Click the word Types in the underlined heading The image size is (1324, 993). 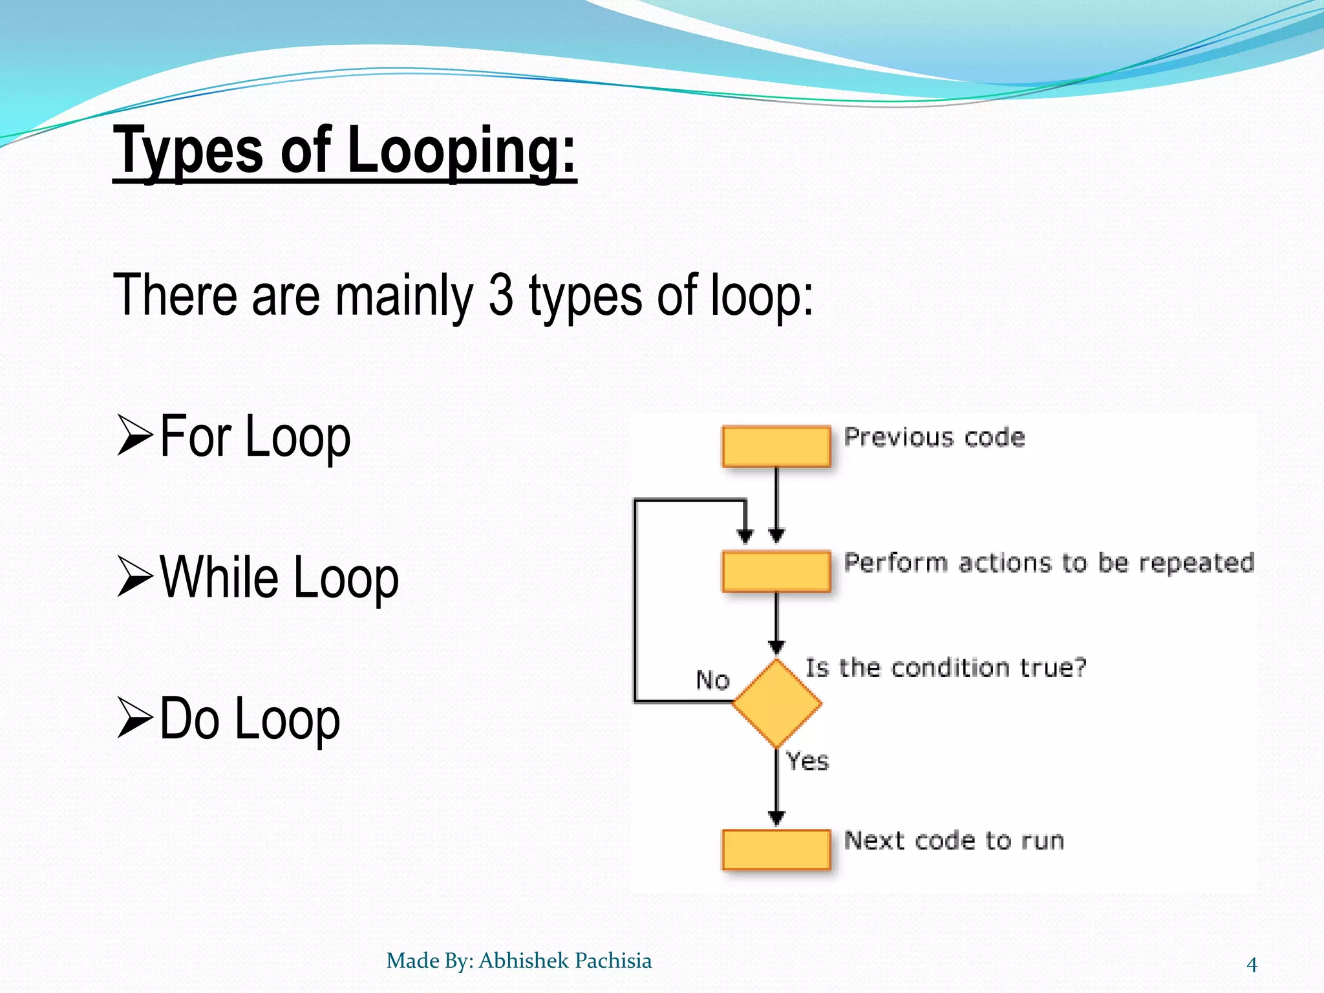[x=188, y=152]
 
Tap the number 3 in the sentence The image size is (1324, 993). [x=500, y=295]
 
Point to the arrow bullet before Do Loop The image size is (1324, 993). [x=134, y=718]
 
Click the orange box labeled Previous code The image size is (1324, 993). [x=776, y=446]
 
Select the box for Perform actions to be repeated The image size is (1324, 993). [x=776, y=571]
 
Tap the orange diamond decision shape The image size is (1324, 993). [x=776, y=703]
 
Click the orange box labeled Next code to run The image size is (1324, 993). [x=776, y=850]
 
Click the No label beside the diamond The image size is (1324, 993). [x=712, y=680]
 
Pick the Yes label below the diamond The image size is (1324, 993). [x=807, y=761]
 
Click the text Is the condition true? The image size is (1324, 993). [x=945, y=667]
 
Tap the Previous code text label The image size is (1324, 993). [x=934, y=438]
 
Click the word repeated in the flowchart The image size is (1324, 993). [x=1196, y=563]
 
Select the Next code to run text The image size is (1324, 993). [x=954, y=840]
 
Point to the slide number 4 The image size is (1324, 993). [x=1252, y=965]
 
